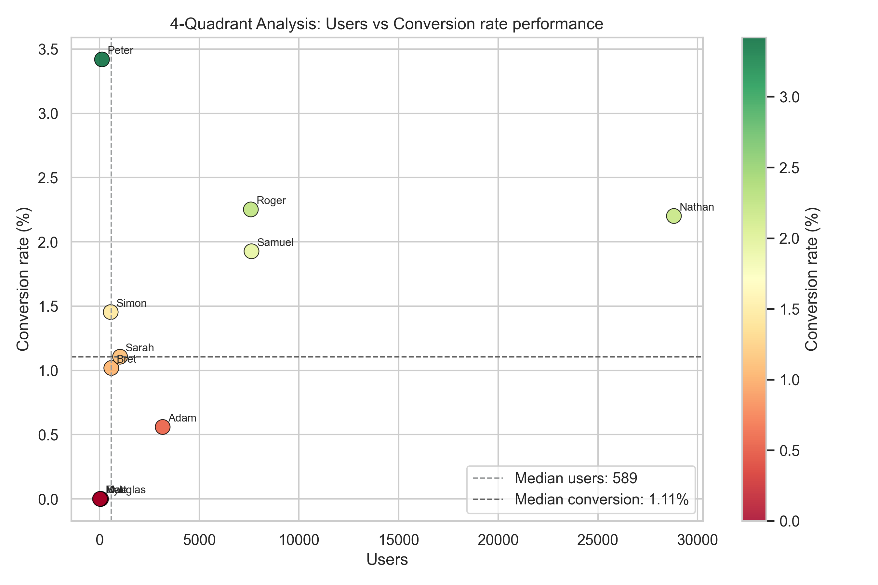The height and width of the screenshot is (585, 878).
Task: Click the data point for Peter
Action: (102, 59)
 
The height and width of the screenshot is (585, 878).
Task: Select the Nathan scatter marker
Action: (674, 216)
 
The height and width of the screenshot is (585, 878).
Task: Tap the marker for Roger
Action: (251, 210)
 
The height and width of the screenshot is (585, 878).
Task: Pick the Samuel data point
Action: (252, 251)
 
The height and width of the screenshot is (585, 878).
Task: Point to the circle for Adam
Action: (163, 427)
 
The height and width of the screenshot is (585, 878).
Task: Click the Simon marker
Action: (111, 312)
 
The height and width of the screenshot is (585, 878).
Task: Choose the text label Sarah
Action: (140, 348)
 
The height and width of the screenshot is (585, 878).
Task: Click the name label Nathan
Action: (697, 207)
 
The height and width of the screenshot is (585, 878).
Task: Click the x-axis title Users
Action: (387, 560)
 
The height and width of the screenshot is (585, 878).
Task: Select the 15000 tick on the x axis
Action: (398, 540)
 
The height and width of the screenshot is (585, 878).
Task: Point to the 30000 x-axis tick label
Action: (697, 540)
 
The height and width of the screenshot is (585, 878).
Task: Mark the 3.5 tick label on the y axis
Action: (48, 50)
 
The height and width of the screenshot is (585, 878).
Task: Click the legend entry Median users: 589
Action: (576, 478)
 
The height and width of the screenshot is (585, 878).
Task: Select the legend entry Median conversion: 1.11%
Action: (601, 499)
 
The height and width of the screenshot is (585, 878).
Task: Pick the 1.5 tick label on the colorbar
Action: (789, 310)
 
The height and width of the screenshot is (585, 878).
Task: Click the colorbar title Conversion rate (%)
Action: (812, 279)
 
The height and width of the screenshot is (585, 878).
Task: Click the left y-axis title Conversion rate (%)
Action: (23, 279)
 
